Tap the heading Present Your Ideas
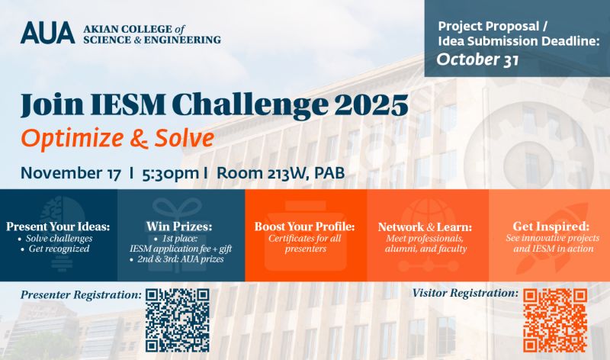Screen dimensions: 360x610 (58, 227)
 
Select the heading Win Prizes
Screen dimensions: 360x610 (181, 227)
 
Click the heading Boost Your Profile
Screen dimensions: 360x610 (305, 227)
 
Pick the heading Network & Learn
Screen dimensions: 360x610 (425, 227)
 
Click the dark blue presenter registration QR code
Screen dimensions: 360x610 (177, 319)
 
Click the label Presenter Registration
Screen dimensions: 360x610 (81, 294)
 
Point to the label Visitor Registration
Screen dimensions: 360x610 (465, 293)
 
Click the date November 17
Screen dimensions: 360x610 (71, 172)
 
